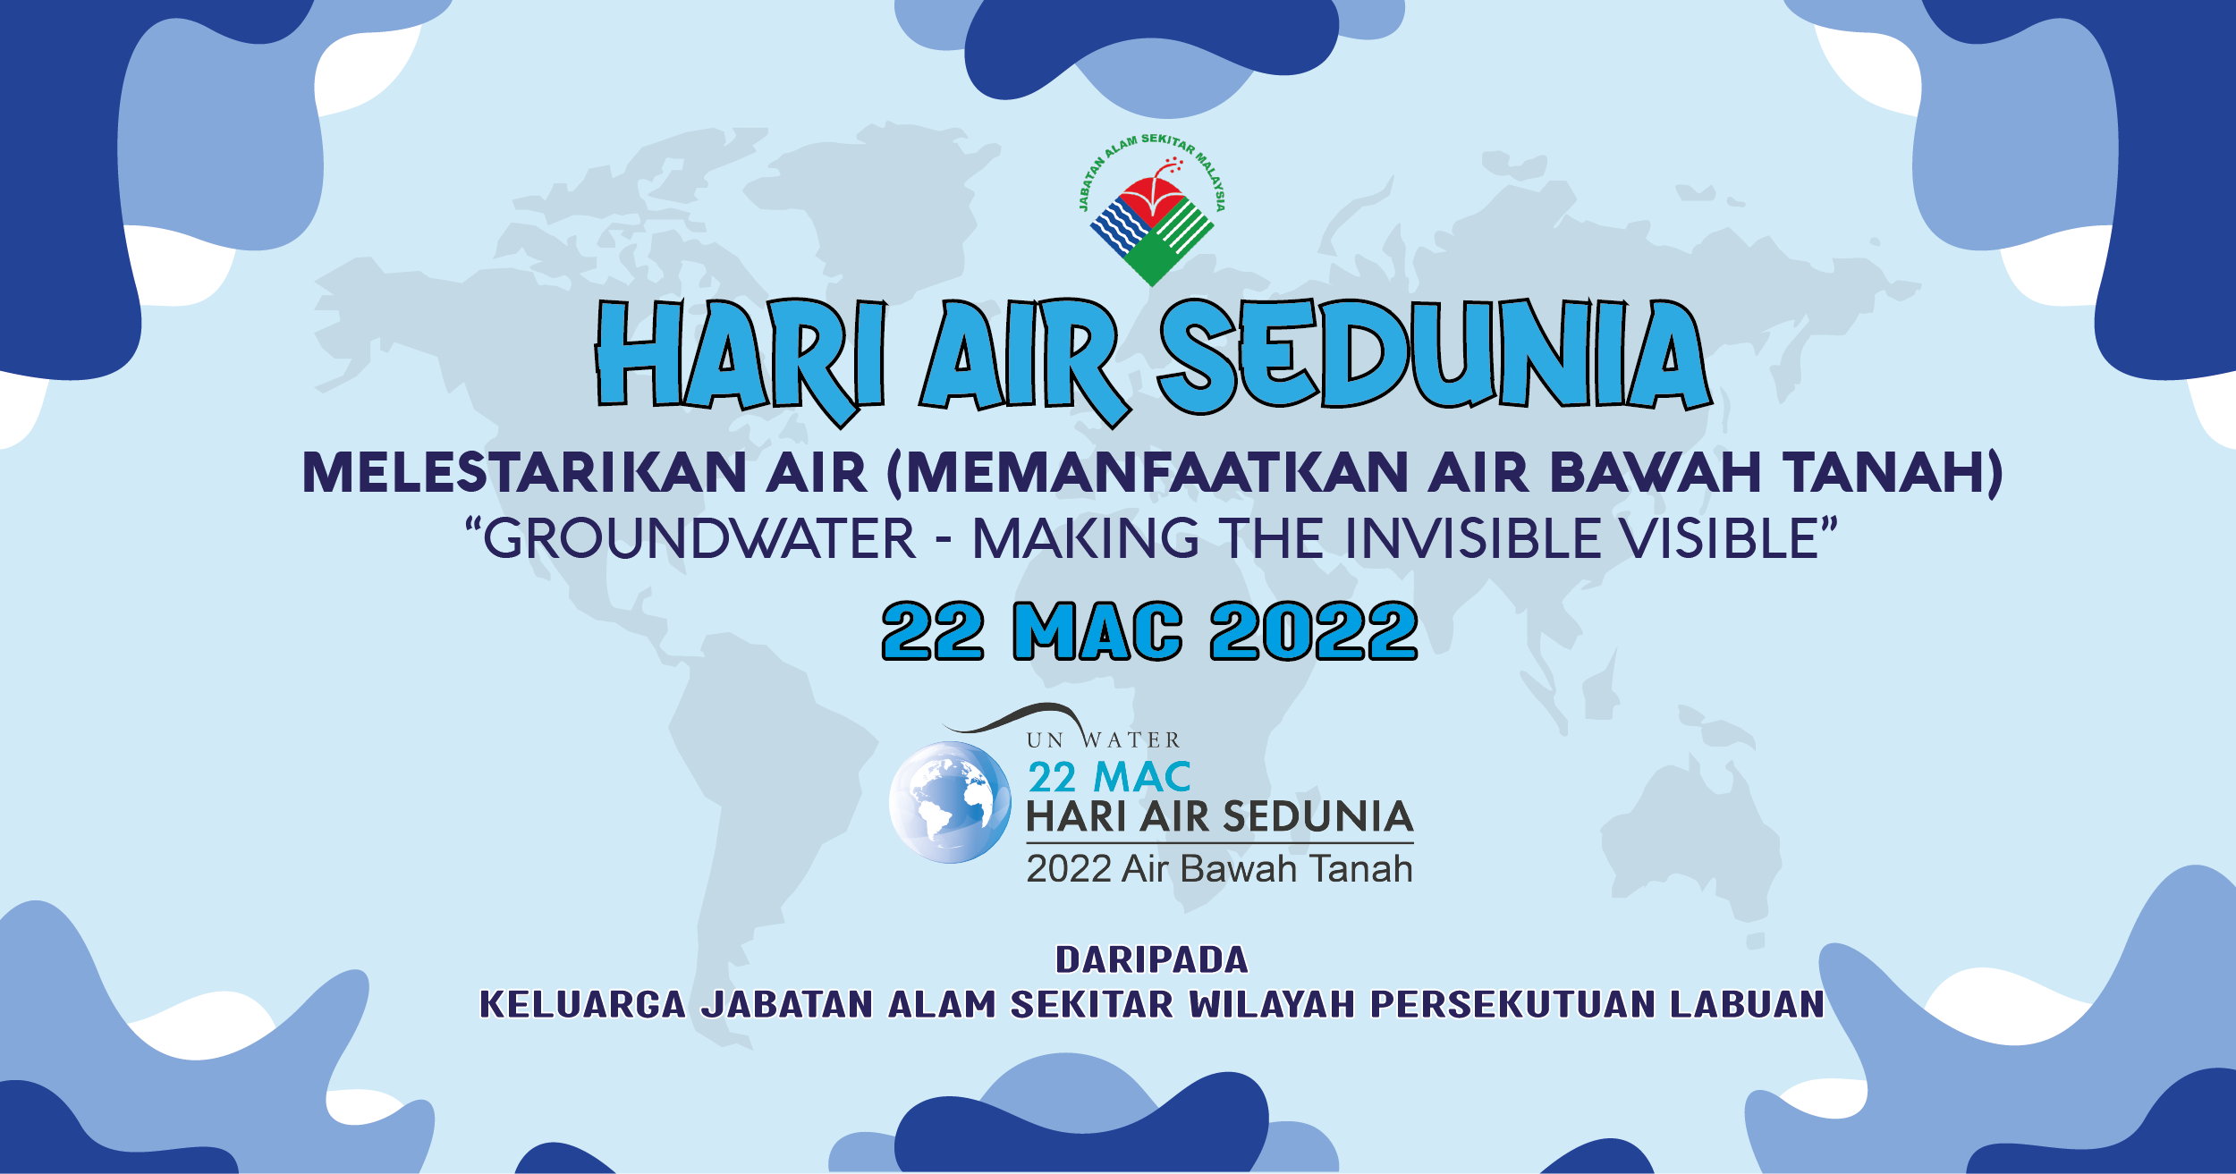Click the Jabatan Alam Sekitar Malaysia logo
pyautogui.click(x=1152, y=210)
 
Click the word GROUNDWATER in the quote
pyautogui.click(x=699, y=538)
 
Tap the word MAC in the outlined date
pyautogui.click(x=1097, y=631)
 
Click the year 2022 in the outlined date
pyautogui.click(x=1314, y=631)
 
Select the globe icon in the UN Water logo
pyautogui.click(x=950, y=802)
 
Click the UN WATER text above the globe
pyautogui.click(x=1104, y=740)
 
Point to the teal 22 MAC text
pyautogui.click(x=1109, y=777)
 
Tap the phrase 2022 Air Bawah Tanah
pyautogui.click(x=1219, y=869)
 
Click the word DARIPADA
pyautogui.click(x=1152, y=960)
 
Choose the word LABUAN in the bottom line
pyautogui.click(x=1748, y=1004)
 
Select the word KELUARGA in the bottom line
pyautogui.click(x=583, y=1004)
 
